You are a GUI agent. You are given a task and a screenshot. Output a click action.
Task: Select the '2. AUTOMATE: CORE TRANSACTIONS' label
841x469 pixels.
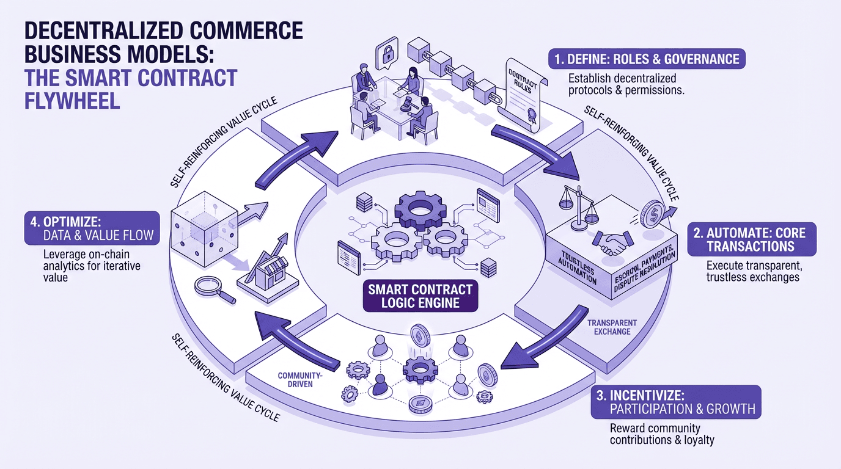pos(751,239)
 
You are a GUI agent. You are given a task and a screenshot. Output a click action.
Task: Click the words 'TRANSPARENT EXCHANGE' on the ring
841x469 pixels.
pos(603,327)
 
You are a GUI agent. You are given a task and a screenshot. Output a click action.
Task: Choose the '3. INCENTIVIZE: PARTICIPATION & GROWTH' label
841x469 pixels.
pos(676,402)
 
